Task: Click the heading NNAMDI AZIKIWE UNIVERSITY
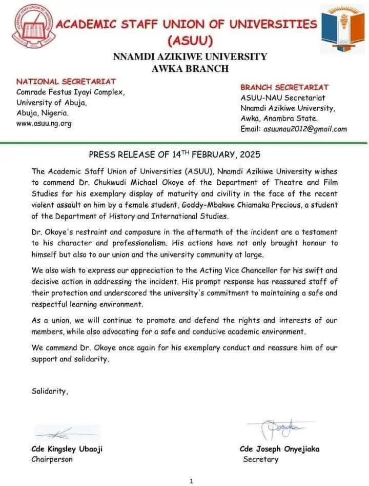point(190,56)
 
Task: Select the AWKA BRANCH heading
point(190,69)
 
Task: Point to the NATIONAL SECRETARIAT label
point(66,82)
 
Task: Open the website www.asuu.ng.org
point(44,123)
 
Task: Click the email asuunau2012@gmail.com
point(305,129)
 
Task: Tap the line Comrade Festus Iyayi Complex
point(71,92)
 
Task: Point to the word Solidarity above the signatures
point(49,391)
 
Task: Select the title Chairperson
point(52,459)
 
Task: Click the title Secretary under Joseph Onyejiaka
point(261,459)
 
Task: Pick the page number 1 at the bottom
point(191,481)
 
